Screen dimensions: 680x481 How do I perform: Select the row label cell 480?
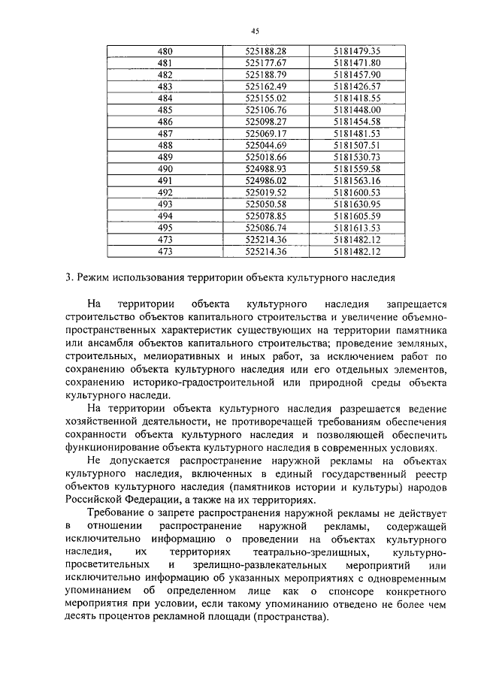click(165, 51)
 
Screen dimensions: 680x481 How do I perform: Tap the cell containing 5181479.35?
click(358, 51)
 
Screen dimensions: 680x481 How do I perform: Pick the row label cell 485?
click(165, 110)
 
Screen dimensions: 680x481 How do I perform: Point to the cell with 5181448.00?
click(358, 110)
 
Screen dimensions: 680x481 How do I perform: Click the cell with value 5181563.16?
click(358, 180)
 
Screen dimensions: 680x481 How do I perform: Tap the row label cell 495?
click(165, 227)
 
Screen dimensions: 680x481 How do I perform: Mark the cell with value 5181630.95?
click(358, 204)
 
